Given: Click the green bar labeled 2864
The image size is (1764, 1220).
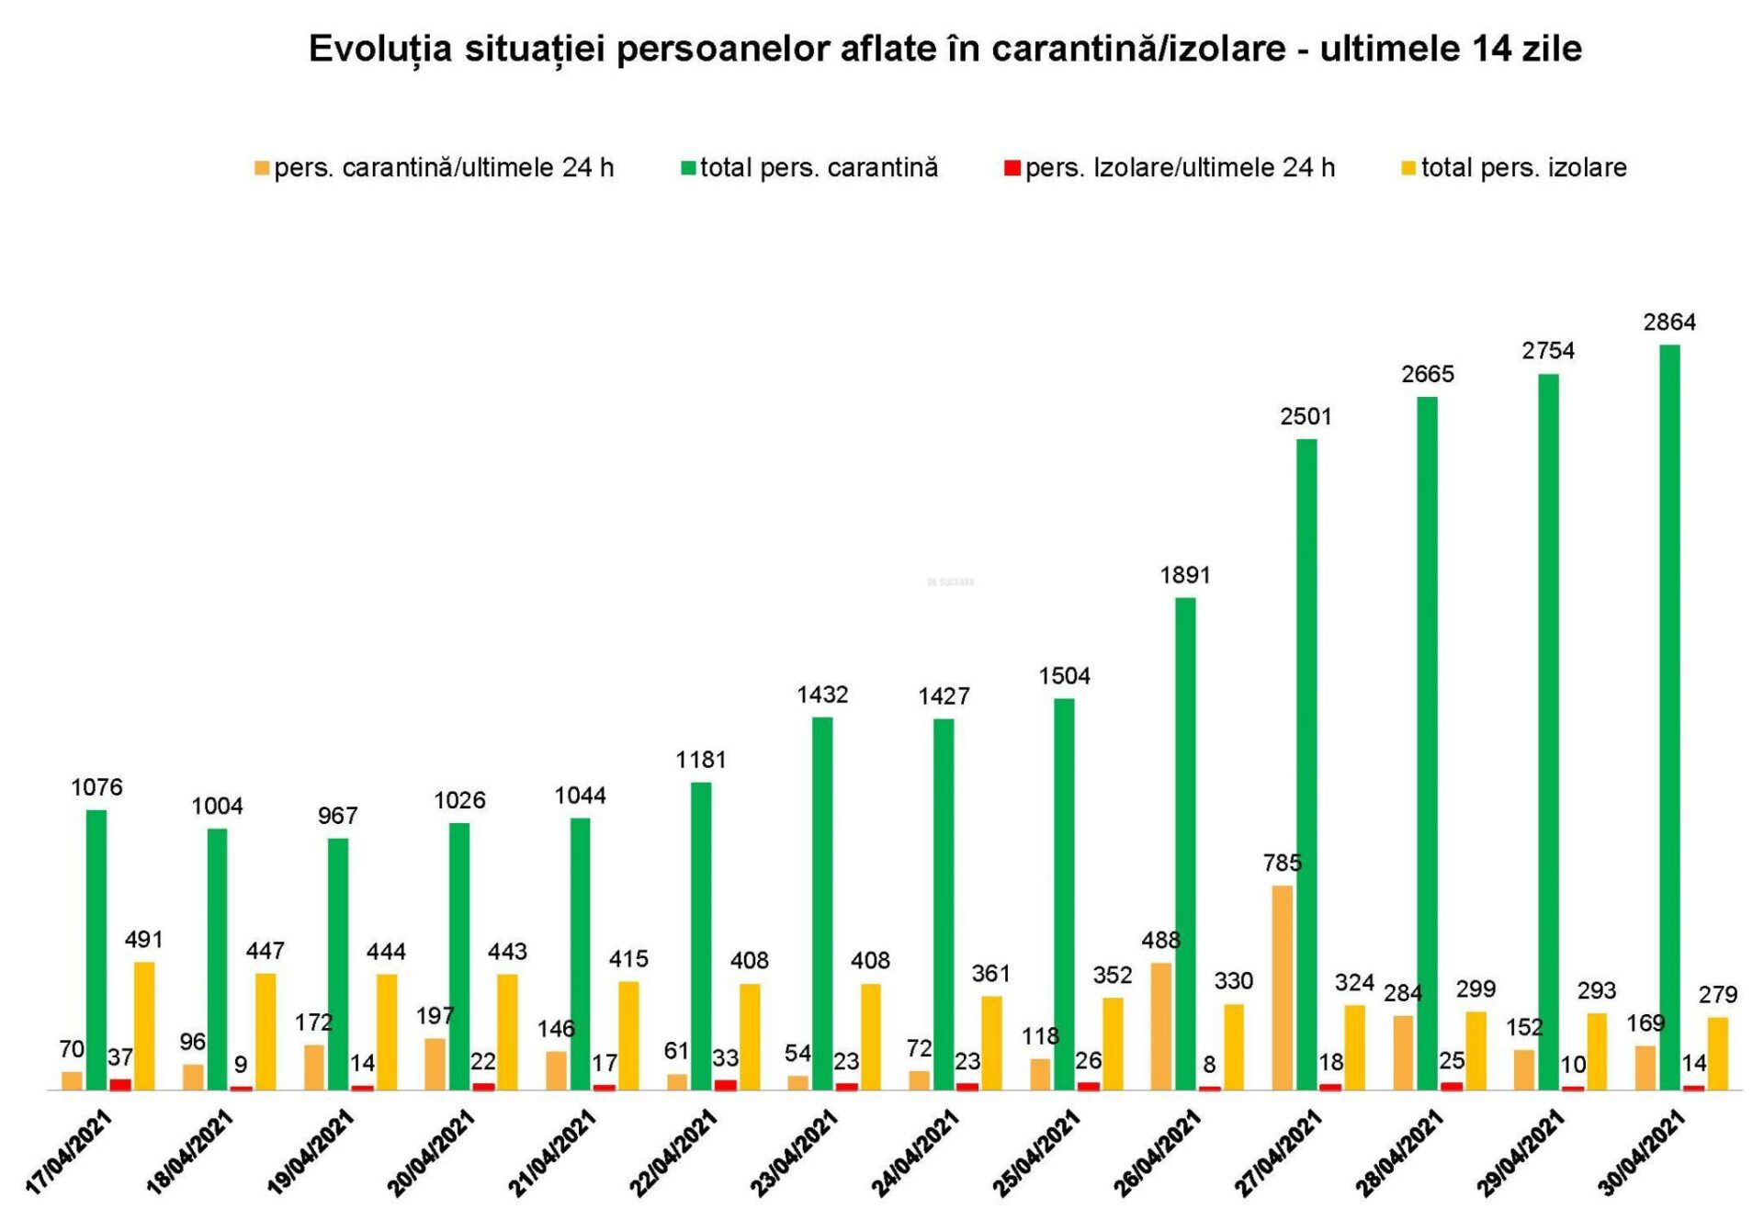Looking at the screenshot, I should point(1669,717).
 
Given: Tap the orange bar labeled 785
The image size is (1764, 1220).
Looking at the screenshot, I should point(1282,988).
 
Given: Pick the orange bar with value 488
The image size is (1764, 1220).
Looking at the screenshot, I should point(1160,1026).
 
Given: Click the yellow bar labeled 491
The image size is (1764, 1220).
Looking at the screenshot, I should point(144,1025).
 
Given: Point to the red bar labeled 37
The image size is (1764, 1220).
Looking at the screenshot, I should point(120,1084).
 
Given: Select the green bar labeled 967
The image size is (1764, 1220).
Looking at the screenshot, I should point(338,964).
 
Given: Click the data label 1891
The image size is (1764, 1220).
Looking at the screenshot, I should point(1185,575).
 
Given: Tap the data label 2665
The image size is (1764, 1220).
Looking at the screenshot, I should point(1428,374).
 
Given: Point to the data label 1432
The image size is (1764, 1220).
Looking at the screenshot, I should point(822,695).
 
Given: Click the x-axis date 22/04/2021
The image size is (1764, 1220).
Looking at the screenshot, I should point(673,1153).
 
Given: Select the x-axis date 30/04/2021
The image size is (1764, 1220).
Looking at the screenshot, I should point(1642,1153).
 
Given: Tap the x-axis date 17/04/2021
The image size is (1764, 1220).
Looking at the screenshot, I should point(68,1153).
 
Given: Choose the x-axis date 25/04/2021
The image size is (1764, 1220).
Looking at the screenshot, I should point(1036,1153).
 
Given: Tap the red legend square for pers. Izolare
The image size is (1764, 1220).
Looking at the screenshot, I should point(1012,168).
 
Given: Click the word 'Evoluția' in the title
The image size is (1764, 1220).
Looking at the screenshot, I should point(380,49).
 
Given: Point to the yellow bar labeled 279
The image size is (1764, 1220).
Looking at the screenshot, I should point(1717,1053).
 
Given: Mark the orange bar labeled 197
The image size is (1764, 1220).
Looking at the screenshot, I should point(435,1064).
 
